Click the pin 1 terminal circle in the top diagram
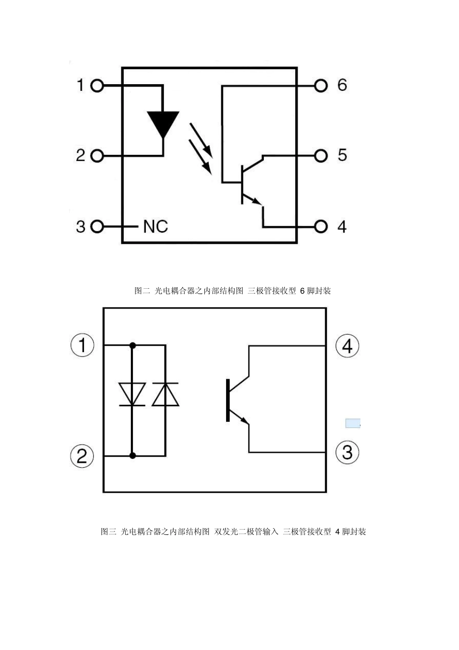[x=97, y=86]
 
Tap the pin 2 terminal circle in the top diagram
[x=97, y=156]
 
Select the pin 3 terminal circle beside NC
[x=97, y=226]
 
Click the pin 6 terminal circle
[x=321, y=86]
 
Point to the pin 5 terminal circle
[x=321, y=156]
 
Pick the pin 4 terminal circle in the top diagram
[x=321, y=226]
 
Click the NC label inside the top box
[x=156, y=226]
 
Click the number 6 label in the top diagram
[x=342, y=85]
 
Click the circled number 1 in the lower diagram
[x=83, y=345]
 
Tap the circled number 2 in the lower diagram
[x=82, y=456]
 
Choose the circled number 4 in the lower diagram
[x=347, y=346]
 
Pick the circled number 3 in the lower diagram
[x=347, y=453]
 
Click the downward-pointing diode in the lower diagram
[x=132, y=394]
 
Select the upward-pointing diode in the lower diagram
[x=165, y=394]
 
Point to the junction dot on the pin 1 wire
[x=132, y=345]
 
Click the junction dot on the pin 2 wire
[x=132, y=456]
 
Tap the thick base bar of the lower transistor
[x=228, y=400]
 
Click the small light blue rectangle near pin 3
[x=353, y=424]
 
